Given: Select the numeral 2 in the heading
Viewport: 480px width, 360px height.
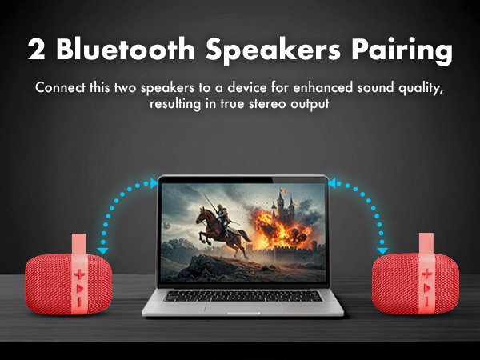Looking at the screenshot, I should (36, 50).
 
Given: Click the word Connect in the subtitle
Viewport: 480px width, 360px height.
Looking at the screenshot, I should (61, 87).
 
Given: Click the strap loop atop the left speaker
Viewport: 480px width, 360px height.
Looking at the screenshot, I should (80, 244).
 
